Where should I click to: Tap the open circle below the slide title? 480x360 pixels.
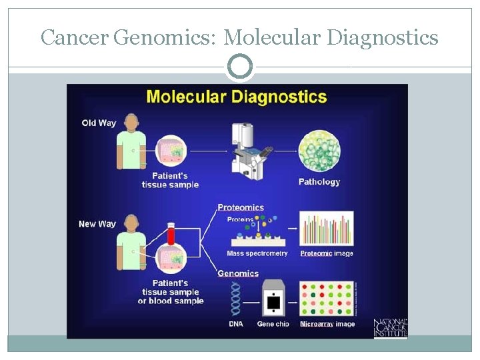point(240,67)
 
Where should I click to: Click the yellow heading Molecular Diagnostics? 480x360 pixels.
point(237,97)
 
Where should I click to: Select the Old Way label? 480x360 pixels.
point(99,123)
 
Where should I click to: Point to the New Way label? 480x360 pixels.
point(97,224)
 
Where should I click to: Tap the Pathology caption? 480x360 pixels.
point(319,182)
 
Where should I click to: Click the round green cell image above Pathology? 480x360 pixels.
point(319,149)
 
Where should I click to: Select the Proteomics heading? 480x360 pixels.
point(241,207)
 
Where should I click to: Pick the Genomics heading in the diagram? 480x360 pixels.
point(238,273)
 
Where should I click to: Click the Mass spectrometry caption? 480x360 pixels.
point(257,253)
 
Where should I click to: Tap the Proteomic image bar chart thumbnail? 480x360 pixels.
point(327,229)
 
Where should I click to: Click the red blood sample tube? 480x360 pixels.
point(171,234)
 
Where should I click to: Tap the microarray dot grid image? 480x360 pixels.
point(327,298)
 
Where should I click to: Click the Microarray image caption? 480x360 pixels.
point(327,325)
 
